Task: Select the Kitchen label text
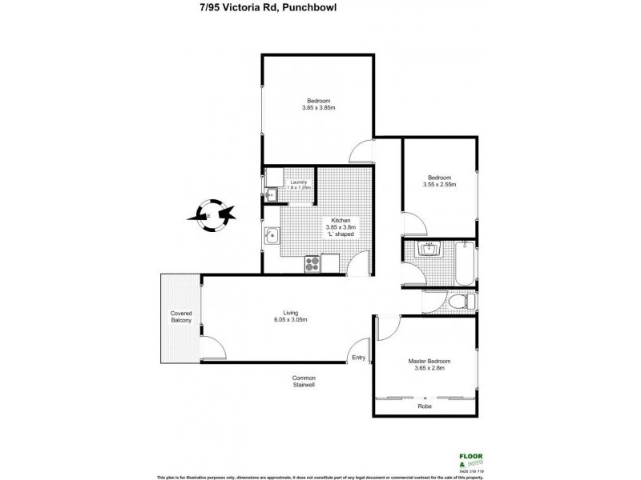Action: tap(336, 221)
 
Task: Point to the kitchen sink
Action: tap(272, 235)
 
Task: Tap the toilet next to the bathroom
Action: tap(460, 302)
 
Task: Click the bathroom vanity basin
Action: tap(432, 249)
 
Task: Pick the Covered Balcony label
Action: tap(180, 316)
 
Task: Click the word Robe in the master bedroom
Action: tap(425, 406)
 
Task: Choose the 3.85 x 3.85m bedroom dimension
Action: tap(318, 108)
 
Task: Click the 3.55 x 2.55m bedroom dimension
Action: tap(439, 185)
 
